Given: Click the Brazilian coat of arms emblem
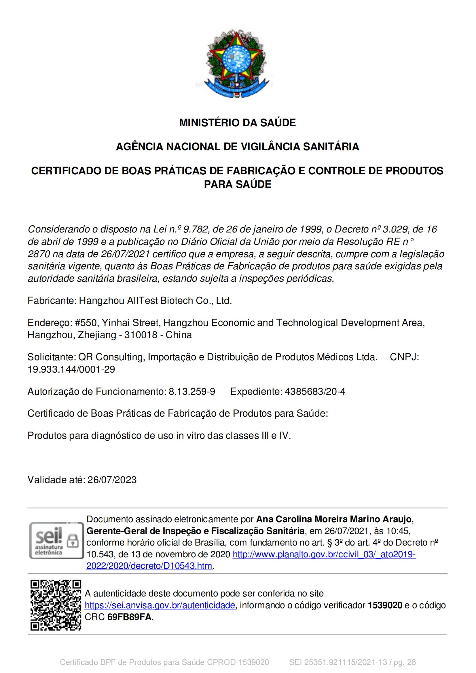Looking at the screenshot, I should coord(237,63).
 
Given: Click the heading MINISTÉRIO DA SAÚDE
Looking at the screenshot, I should coord(238,123).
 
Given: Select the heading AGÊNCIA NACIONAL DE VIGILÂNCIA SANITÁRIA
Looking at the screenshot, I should coord(238,146).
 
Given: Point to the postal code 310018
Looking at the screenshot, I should coord(141,335).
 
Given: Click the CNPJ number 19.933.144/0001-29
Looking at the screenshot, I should coord(71,369).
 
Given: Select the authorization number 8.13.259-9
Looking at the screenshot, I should coord(192,391).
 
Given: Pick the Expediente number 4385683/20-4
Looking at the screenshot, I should coord(315,391).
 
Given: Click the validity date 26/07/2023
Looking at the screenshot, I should coord(112,480).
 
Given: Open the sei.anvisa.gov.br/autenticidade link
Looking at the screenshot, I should coord(160,605).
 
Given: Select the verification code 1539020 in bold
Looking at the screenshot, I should coord(385,605).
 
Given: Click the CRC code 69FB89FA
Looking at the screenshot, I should coord(129,617).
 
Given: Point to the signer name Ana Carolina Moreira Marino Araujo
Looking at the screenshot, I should coord(334,519).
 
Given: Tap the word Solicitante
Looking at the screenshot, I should coord(51,357).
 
